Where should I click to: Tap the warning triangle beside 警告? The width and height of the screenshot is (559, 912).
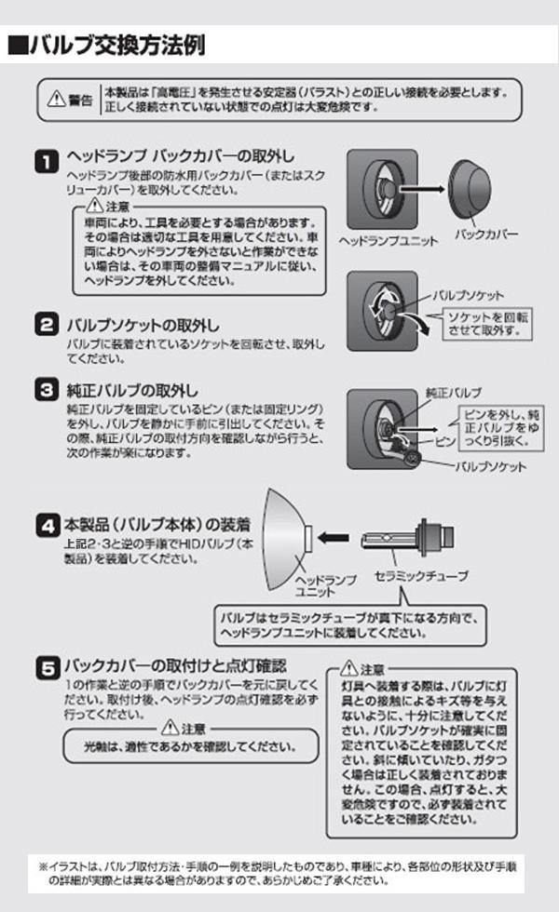pos(57,99)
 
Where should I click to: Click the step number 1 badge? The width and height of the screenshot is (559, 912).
pos(47,161)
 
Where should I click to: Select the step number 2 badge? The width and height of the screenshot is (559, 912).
pos(47,324)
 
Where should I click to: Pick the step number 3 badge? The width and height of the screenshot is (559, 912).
pos(47,389)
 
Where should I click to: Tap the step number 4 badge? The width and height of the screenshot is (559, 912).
pos(48,525)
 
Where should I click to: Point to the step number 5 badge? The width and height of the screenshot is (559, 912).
pos(48,667)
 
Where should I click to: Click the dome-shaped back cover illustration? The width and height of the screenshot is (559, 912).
pos(470,187)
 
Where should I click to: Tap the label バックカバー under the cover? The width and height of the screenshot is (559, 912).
pos(486,235)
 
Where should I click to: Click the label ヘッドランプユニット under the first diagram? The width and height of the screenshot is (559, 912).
pos(388,240)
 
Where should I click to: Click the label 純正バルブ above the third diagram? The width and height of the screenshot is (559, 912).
pos(454,393)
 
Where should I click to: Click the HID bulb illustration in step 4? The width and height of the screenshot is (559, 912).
pos(407,538)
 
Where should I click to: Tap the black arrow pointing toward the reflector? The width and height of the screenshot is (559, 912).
pos(334,538)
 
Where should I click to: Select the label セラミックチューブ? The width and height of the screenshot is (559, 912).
pos(421,576)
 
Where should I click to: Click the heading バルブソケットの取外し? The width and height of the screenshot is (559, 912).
pos(143,325)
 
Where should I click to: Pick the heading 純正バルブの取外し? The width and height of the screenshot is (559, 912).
pos(132,390)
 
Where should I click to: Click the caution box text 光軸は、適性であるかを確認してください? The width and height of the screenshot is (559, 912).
pos(190,746)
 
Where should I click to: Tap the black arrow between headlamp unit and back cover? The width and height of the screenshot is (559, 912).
pos(421,190)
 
